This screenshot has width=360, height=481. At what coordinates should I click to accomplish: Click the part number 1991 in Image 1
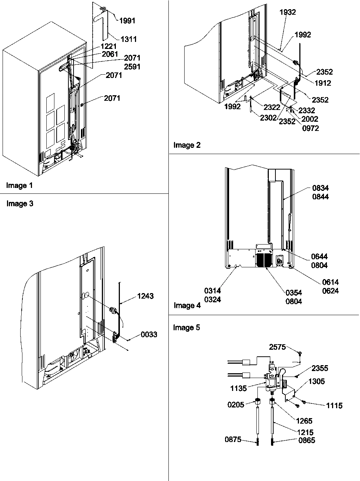[x=127, y=21]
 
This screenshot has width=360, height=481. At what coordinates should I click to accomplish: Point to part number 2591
[x=132, y=67]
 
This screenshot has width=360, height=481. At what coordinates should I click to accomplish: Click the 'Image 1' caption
[x=19, y=186]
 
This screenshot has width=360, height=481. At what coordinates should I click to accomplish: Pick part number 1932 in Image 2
[x=287, y=12]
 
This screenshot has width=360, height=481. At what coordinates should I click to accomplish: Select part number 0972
[x=310, y=128]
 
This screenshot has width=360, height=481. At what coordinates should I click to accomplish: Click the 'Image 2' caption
[x=187, y=145]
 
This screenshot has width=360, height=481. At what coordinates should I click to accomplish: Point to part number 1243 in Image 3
[x=145, y=296]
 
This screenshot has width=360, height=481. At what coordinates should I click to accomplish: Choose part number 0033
[x=149, y=334]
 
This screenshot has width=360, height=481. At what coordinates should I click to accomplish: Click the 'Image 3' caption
[x=20, y=204]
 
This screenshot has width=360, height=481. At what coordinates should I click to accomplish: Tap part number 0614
[x=330, y=282]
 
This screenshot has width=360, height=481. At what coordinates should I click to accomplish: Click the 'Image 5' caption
[x=186, y=327]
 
